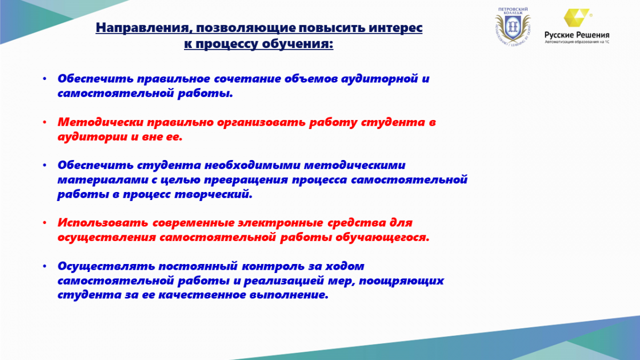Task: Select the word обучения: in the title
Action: click(x=298, y=44)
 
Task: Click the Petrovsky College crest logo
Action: click(x=513, y=26)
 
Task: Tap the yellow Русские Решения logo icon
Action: click(x=577, y=18)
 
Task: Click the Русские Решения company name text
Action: click(x=577, y=35)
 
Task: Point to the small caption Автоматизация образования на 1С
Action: click(x=577, y=42)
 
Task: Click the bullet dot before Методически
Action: click(x=45, y=122)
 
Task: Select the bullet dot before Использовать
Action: click(x=45, y=222)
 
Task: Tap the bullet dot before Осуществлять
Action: click(x=45, y=266)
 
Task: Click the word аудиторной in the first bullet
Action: click(x=380, y=79)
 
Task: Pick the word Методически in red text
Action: click(x=101, y=122)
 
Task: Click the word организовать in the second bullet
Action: click(x=261, y=123)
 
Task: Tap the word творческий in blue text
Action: click(x=213, y=195)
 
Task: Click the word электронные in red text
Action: click(x=281, y=223)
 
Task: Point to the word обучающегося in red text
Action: click(x=382, y=238)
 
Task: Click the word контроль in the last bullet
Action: click(x=273, y=267)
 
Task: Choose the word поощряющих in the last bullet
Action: click(x=401, y=282)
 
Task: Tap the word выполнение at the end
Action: click(x=289, y=295)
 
